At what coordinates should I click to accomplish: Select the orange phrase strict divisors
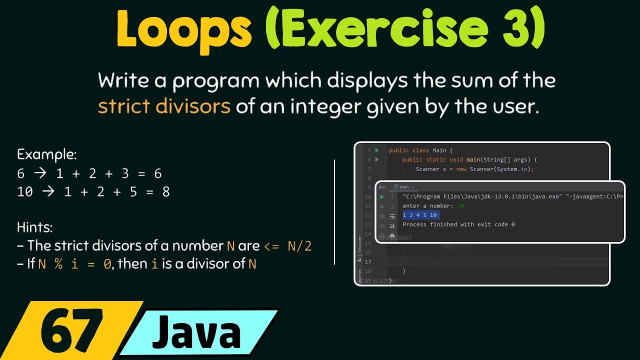tap(164, 106)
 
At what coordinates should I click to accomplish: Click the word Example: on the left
tap(46, 154)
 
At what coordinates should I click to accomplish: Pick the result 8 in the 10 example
tap(165, 191)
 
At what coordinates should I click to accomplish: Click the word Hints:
tap(34, 227)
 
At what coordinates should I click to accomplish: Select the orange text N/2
tap(299, 246)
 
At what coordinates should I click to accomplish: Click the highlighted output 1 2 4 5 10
tap(420, 215)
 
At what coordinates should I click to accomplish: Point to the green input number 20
tap(460, 206)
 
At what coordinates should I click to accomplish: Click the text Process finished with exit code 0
tap(458, 224)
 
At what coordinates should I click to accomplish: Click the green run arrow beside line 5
tap(377, 150)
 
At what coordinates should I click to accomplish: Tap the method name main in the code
tap(472, 160)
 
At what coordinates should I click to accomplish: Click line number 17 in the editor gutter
tap(368, 262)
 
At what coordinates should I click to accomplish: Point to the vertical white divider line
tap(334, 211)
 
